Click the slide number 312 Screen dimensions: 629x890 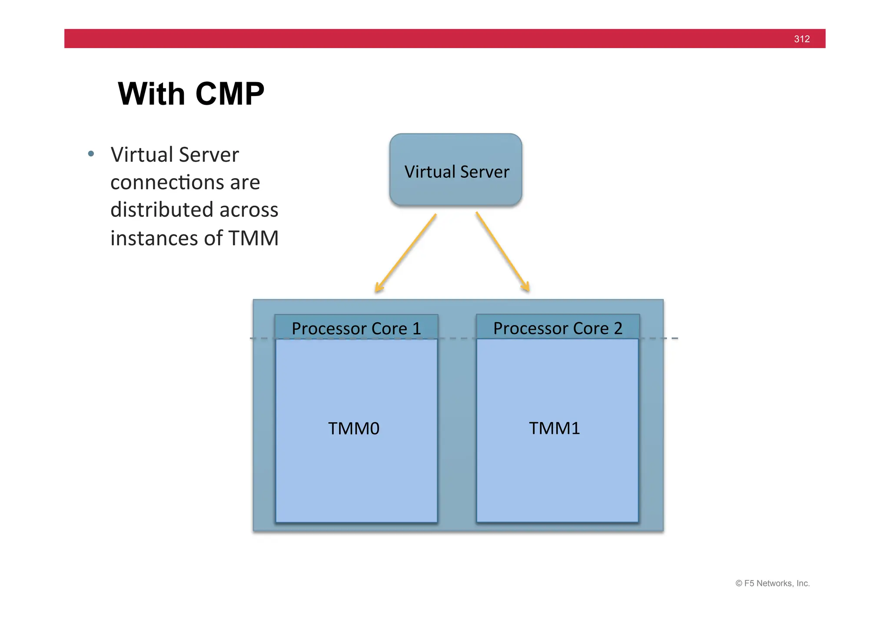tap(801, 39)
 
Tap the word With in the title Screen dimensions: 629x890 tap(151, 94)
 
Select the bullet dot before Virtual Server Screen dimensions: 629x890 tap(91, 153)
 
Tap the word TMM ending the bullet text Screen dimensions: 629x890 tap(253, 239)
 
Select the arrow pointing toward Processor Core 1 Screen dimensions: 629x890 tap(405, 253)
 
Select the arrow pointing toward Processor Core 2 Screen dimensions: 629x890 tap(502, 251)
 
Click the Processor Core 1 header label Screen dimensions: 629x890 tap(356, 328)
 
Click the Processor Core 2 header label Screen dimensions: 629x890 tap(558, 328)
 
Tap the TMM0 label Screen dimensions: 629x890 tap(354, 429)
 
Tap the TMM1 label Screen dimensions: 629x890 tap(554, 428)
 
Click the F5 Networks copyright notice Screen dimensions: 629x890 tap(772, 583)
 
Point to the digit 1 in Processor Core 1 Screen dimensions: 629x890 tap(417, 329)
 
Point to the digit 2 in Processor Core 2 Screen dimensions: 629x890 tap(618, 328)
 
